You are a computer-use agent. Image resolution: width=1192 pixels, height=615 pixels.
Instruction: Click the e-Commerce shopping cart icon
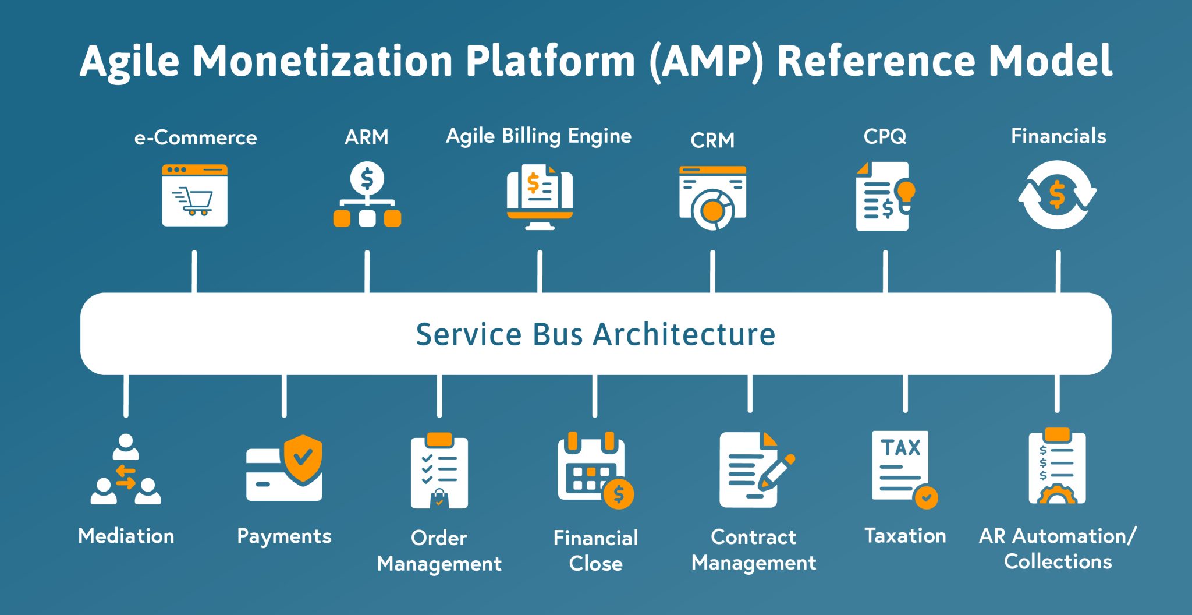click(194, 196)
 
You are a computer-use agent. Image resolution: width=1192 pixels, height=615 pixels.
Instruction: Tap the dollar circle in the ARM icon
click(367, 178)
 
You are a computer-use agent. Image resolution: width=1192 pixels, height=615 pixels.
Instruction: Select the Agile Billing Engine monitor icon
click(540, 197)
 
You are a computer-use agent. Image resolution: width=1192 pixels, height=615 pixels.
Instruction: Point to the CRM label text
click(712, 140)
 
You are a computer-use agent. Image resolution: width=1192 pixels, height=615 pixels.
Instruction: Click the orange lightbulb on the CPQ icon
click(906, 191)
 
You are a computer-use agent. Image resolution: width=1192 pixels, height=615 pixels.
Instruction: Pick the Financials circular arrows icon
click(1057, 195)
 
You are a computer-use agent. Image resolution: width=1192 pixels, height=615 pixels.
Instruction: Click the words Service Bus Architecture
click(595, 334)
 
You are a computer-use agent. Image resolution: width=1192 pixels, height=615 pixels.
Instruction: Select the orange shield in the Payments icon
click(303, 458)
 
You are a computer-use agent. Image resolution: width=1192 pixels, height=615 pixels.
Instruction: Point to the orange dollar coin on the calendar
click(618, 494)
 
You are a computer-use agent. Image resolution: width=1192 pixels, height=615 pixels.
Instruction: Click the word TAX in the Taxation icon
click(900, 447)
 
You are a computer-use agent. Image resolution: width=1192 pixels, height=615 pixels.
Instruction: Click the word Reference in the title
click(875, 61)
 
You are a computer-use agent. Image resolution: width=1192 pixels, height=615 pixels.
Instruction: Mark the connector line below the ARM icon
click(367, 271)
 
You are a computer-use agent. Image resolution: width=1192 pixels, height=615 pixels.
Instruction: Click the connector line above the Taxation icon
click(905, 394)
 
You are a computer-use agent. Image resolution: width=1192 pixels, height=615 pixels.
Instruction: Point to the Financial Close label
click(595, 550)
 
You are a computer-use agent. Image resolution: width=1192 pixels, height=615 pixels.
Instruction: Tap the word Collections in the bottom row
click(1058, 561)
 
